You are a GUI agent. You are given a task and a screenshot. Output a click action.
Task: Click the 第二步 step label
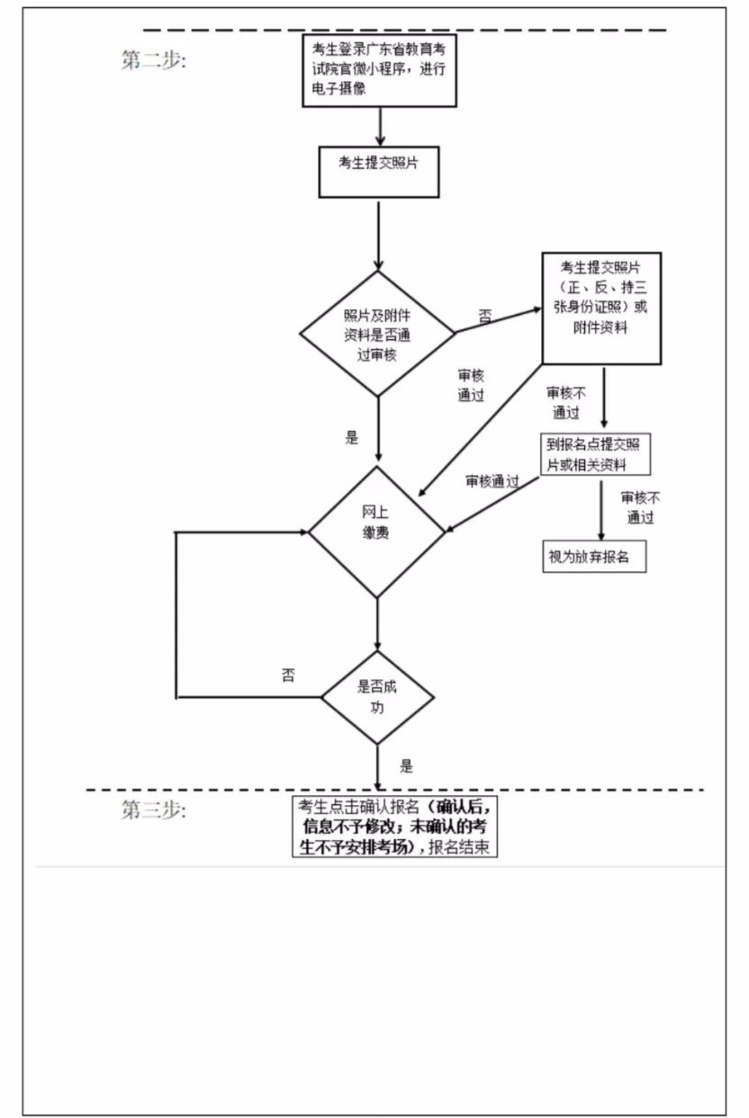point(153,60)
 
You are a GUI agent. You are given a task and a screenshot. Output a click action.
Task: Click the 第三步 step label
point(153,809)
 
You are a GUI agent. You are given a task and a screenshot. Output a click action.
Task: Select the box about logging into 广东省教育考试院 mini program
point(379,70)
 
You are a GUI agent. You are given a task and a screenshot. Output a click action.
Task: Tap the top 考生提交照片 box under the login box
point(379,172)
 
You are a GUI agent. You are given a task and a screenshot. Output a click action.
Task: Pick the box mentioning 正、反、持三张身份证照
point(601,309)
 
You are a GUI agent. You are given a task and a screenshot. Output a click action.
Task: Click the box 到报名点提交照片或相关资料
point(596,454)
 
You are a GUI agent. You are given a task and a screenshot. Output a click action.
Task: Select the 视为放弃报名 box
point(594,556)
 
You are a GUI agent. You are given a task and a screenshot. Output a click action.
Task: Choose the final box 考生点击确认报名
point(394,827)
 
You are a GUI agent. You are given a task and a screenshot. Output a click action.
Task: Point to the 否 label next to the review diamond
point(484,316)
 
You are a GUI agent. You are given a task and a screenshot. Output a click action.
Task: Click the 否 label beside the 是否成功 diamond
point(288,675)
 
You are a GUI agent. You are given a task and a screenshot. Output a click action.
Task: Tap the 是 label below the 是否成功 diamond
point(406,766)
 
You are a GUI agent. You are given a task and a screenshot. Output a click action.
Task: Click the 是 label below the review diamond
point(352,438)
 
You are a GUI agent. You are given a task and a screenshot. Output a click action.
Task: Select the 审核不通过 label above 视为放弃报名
point(640,507)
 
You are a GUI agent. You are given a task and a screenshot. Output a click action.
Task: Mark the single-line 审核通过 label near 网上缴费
point(492,481)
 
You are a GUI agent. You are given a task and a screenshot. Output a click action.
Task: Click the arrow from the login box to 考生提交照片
point(380,126)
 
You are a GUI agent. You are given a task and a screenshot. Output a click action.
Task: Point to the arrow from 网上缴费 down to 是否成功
point(377,624)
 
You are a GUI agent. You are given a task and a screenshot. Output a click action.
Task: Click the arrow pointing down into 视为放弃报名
point(601,510)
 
